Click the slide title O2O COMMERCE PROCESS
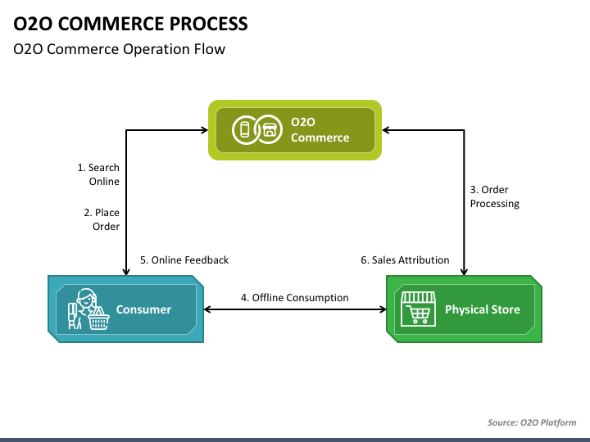coord(130,24)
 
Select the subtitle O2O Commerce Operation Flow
coord(120,49)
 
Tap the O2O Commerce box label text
coord(320,129)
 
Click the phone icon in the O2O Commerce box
coord(245,129)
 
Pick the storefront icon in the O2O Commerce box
coord(270,130)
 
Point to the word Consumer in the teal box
coord(143,309)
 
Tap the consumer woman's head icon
coord(86,298)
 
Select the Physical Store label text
coord(483,309)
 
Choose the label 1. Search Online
coord(98,174)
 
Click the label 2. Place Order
coord(102,219)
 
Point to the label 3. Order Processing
coord(494,196)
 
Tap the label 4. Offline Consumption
coord(295,298)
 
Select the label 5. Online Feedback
coord(184,260)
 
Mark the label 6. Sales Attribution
coord(405,260)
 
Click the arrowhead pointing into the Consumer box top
coord(126,272)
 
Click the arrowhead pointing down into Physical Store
coord(464,272)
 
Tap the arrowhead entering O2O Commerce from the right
coord(386,130)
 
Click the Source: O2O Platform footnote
coord(532,422)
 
